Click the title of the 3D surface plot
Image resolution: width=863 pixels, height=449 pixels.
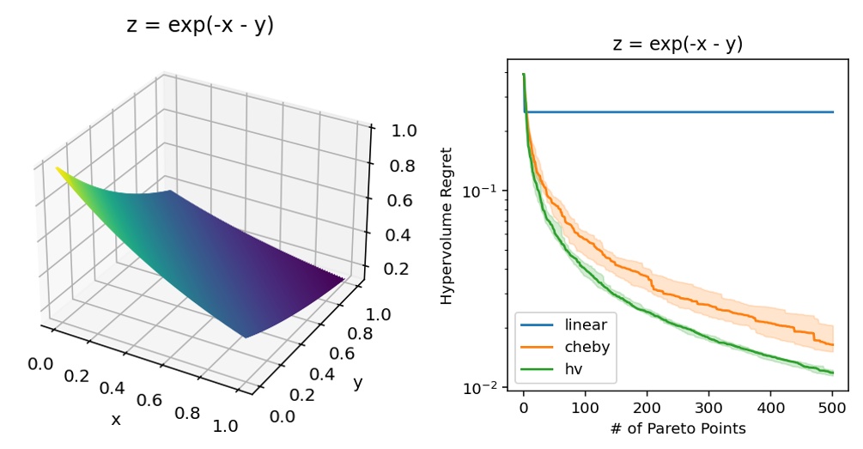tap(200, 26)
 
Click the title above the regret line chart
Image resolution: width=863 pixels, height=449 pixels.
tap(678, 45)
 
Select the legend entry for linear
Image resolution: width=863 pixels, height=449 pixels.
tap(586, 325)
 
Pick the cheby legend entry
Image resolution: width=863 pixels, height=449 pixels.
tap(587, 347)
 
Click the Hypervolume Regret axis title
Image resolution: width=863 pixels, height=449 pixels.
tap(447, 226)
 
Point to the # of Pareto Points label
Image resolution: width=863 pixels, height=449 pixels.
tap(678, 428)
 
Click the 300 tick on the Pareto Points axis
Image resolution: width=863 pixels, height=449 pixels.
tap(708, 408)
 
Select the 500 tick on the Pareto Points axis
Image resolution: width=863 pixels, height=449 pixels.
tap(832, 408)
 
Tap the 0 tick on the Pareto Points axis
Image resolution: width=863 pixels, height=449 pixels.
tap(523, 408)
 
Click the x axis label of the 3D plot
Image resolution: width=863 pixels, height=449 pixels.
tap(115, 419)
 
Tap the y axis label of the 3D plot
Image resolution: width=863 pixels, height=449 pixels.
tap(358, 382)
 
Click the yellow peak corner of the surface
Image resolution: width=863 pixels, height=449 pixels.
tap(58, 168)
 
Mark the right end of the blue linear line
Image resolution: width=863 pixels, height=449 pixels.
tap(833, 112)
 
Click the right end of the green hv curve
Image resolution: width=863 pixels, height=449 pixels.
tap(833, 373)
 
